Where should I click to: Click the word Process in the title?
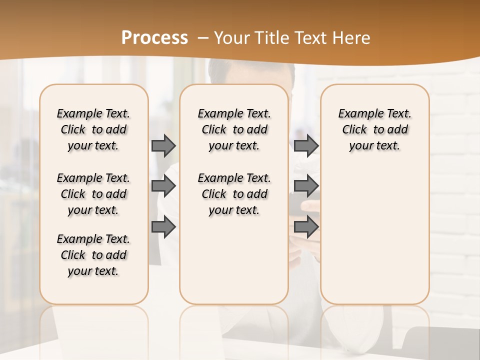(154, 38)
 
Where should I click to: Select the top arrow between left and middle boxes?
(163, 145)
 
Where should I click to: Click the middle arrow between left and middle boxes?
(163, 186)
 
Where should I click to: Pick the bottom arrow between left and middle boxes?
(163, 227)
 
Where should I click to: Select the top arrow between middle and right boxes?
(306, 145)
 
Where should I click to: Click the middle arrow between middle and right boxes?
(306, 186)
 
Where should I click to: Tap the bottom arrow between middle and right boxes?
(306, 227)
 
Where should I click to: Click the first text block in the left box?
(93, 129)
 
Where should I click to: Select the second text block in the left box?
(93, 194)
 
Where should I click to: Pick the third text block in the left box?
(93, 255)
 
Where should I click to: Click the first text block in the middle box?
(234, 129)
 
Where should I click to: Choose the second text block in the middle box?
(234, 194)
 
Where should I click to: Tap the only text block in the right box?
(375, 129)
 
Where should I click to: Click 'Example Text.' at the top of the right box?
(375, 114)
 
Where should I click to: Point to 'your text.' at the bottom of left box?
(93, 271)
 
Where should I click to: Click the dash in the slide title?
(203, 38)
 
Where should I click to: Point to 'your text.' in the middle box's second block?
(234, 210)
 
